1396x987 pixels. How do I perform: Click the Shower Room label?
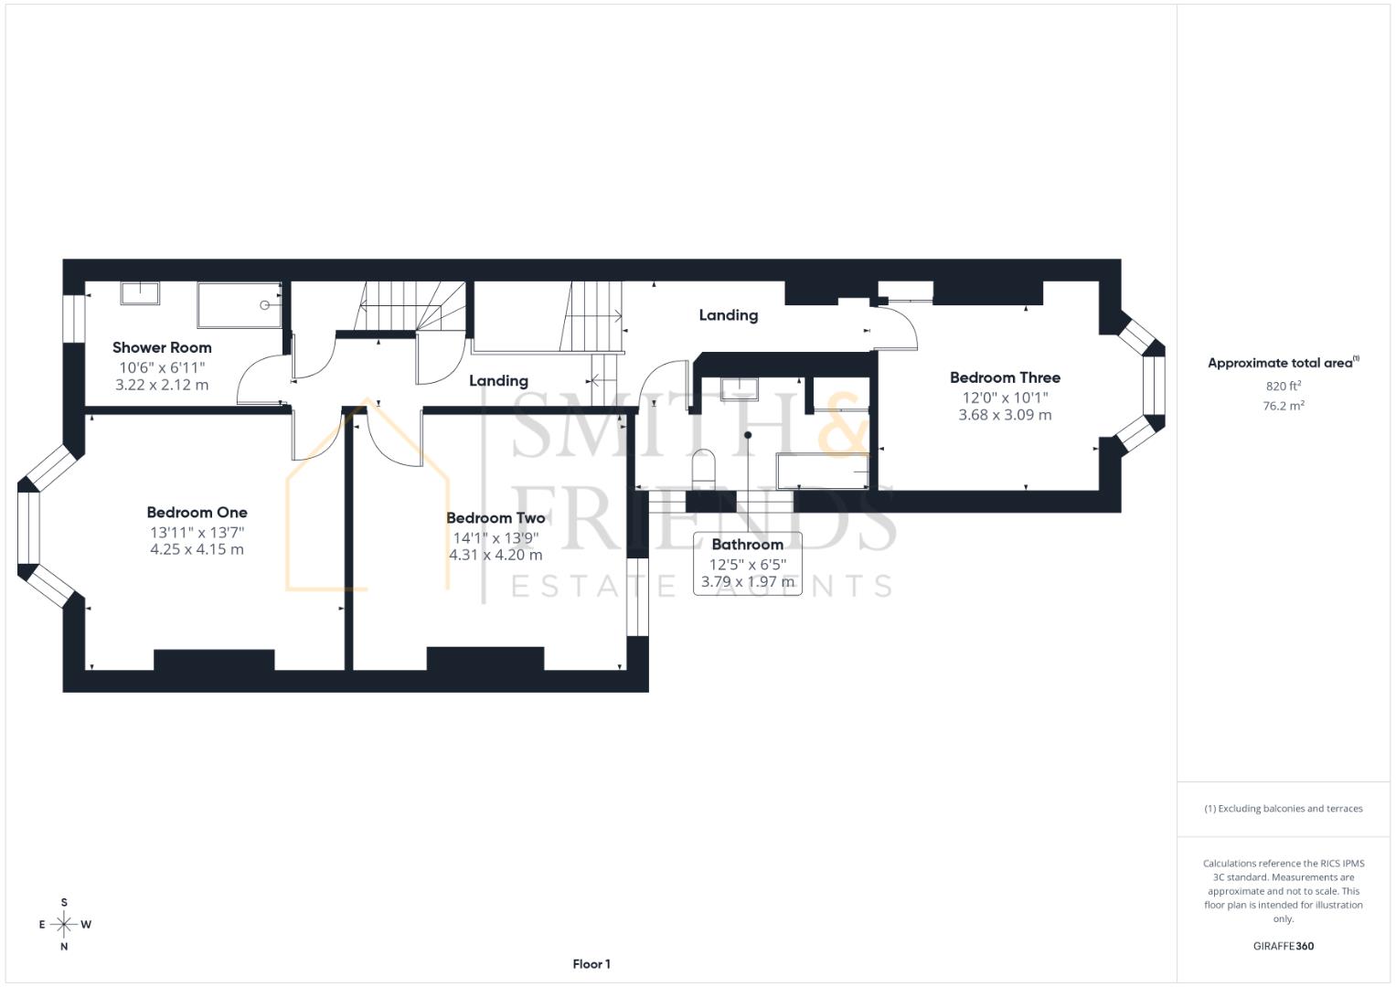[x=162, y=347]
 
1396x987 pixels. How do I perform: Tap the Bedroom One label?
[x=197, y=513]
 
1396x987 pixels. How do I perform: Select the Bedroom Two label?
[x=496, y=518]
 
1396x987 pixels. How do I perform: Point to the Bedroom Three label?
[x=1005, y=377]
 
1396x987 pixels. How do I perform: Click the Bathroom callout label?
[x=747, y=545]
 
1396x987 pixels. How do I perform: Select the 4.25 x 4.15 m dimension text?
[x=197, y=549]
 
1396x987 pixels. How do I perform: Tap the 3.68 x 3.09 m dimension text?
[x=1005, y=415]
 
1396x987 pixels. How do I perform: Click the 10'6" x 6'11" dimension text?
[x=162, y=367]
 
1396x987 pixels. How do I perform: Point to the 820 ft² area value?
[x=1283, y=387]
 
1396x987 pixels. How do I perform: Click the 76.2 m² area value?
[x=1283, y=407]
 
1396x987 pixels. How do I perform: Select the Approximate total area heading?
[x=1282, y=363]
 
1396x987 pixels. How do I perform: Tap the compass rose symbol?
[x=64, y=924]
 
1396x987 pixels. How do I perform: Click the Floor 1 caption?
[x=591, y=964]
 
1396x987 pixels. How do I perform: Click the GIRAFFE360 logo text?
[x=1283, y=946]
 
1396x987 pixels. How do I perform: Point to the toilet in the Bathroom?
[x=703, y=468]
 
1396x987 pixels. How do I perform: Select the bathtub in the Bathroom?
[x=821, y=470]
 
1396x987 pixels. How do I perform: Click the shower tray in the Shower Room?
[x=240, y=305]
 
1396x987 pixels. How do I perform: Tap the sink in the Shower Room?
[x=140, y=292]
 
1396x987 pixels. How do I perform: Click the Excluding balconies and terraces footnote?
[x=1283, y=809]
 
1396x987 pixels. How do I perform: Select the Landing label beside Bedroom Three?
[x=728, y=315]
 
